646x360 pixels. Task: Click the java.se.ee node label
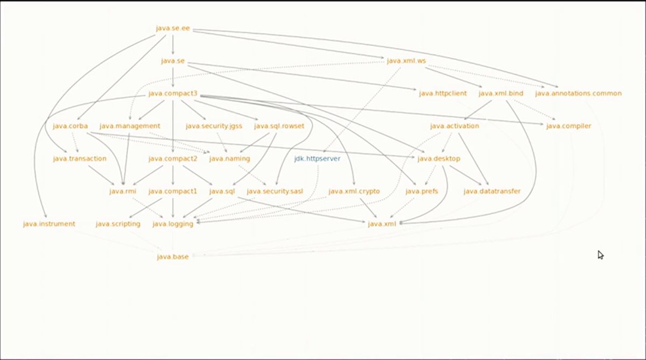tap(173, 28)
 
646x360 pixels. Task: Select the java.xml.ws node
tap(406, 61)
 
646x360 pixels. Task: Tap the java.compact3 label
tap(173, 94)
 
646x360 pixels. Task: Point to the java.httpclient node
tap(443, 94)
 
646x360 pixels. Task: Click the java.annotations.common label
tap(578, 94)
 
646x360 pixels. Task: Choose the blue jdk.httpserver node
tap(317, 159)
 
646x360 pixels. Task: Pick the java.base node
tap(173, 257)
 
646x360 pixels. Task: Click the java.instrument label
tap(49, 224)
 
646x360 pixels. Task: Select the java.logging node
tap(173, 224)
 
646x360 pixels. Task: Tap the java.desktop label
tap(439, 159)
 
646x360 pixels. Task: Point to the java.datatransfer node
tap(492, 192)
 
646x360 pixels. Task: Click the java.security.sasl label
tap(275, 192)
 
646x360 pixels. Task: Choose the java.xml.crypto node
tap(354, 192)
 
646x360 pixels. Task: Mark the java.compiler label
tap(568, 126)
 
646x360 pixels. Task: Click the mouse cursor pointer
tap(601, 255)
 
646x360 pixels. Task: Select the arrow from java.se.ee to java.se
tap(173, 44)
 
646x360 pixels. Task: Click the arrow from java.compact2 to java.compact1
tap(173, 175)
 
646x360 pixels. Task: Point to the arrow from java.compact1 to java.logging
tap(173, 208)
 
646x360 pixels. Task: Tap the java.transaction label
tap(80, 159)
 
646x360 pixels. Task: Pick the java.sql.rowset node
tap(279, 126)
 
